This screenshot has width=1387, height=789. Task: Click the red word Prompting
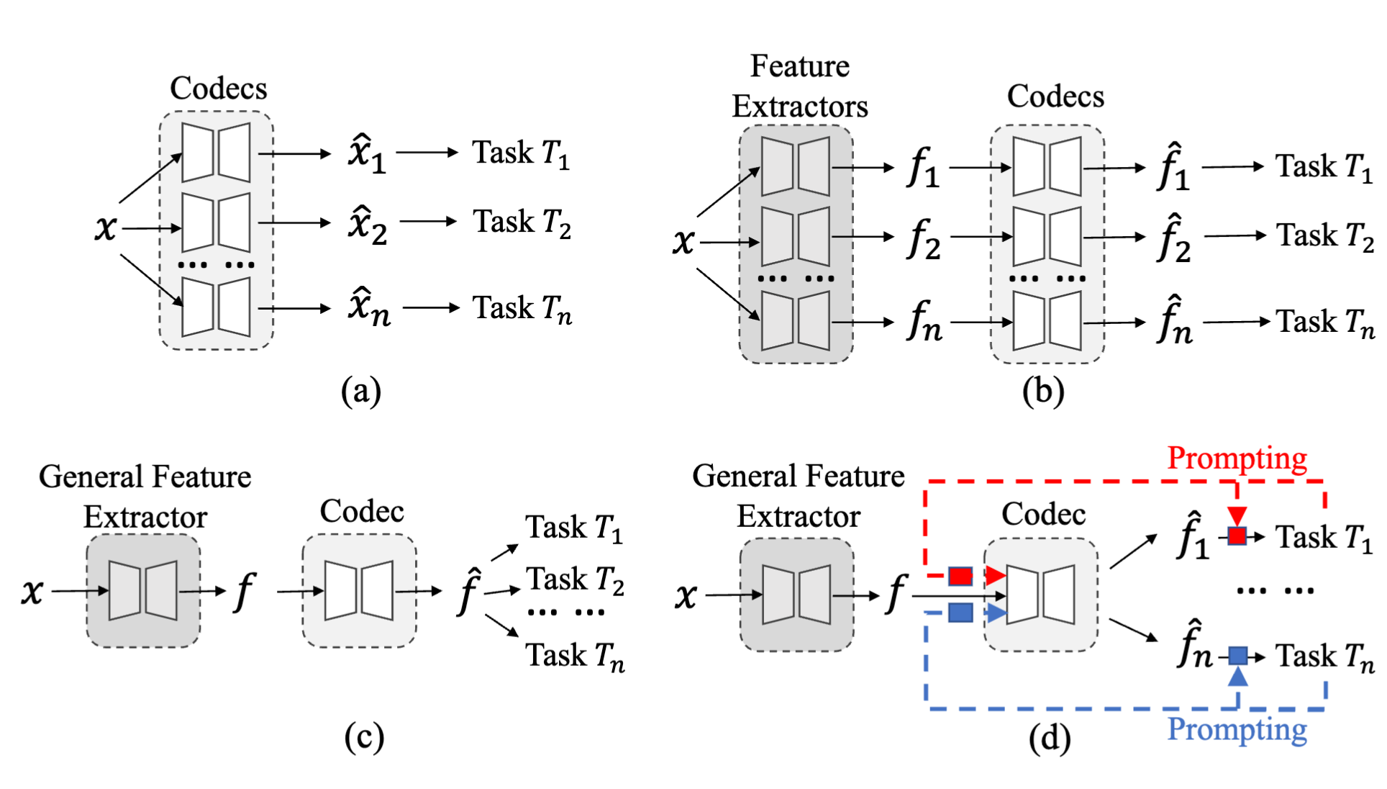(x=1237, y=459)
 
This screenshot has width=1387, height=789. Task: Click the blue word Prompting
(x=1237, y=729)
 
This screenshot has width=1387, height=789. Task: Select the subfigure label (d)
(x=1049, y=738)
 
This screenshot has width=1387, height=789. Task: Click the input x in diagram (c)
(x=32, y=591)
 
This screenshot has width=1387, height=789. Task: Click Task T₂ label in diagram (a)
(x=522, y=222)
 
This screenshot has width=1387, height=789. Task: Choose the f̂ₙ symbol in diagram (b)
(x=1174, y=320)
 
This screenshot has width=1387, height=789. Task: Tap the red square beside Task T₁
(x=1237, y=536)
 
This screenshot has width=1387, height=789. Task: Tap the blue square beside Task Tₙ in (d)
(x=1237, y=655)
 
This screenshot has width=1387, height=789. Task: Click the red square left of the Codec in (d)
(x=960, y=575)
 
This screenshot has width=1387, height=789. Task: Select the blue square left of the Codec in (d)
(x=960, y=613)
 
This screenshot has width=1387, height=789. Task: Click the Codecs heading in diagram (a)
(x=218, y=89)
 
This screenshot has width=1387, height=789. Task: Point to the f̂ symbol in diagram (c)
(x=468, y=592)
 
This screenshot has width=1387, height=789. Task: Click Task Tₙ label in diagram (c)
(x=575, y=656)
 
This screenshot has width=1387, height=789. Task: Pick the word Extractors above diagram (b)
(x=799, y=107)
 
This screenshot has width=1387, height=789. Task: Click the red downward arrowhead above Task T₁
(x=1237, y=515)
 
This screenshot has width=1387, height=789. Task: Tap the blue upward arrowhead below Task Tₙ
(x=1237, y=676)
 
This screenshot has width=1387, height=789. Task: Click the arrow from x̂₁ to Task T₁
(x=427, y=153)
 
